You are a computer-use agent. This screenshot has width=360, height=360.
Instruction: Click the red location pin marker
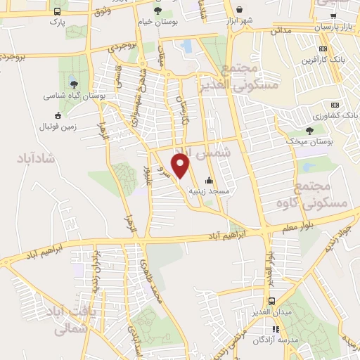(181, 165)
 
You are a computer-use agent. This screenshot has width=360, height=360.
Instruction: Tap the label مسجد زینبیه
(229, 191)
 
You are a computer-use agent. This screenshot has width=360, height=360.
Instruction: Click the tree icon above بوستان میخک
(310, 130)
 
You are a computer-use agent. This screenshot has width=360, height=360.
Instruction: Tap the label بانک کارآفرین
(323, 61)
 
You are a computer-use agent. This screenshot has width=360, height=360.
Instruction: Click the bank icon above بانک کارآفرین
(323, 49)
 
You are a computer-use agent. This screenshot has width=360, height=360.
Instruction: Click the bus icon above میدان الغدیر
(271, 300)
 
